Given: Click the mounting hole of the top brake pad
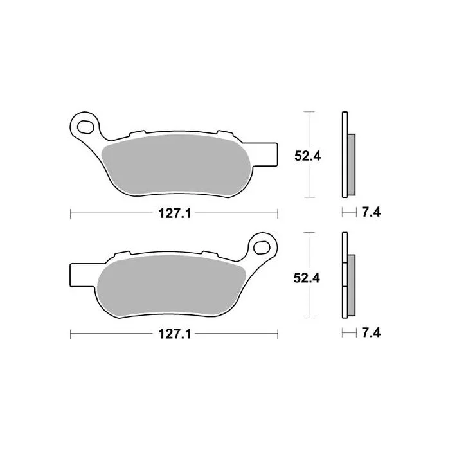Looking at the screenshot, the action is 85,127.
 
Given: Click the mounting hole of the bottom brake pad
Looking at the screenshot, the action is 262,248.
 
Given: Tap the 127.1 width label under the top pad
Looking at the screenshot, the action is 175,213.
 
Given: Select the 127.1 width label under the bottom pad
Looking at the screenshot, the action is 175,334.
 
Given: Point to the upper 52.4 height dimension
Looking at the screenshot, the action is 308,156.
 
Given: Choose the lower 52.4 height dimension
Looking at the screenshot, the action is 307,278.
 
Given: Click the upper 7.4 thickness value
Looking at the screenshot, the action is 371,212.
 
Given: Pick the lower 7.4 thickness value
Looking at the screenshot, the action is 371,333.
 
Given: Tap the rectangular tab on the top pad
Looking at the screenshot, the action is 265,154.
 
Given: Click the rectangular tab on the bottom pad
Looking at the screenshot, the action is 83,275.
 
